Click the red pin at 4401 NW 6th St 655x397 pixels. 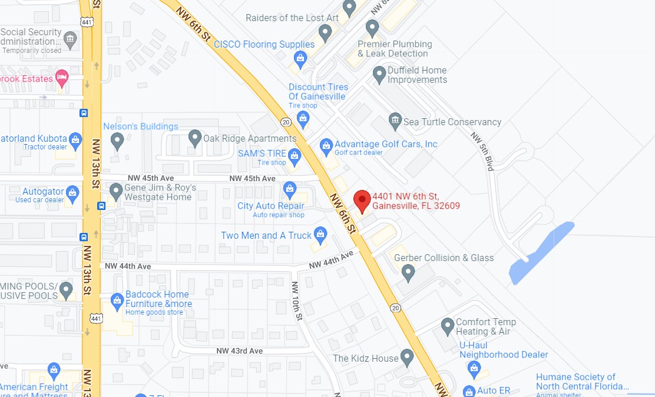[362, 201]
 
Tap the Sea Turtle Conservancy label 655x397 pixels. [452, 122]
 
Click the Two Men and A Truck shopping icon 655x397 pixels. [320, 235]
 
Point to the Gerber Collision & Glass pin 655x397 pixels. [408, 272]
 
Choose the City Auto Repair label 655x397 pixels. [270, 206]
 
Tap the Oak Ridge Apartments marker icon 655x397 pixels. [195, 138]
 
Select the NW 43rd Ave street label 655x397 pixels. [238, 351]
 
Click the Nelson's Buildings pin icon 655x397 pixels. [117, 140]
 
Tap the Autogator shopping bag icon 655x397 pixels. [72, 192]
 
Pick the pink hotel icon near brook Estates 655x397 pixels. [62, 76]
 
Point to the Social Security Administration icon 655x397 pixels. [71, 40]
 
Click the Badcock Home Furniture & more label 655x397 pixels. [158, 299]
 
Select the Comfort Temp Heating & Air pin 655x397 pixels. [448, 325]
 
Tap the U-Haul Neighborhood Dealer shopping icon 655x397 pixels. [474, 369]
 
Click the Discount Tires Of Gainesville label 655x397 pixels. [318, 91]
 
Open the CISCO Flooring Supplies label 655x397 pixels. [264, 44]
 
